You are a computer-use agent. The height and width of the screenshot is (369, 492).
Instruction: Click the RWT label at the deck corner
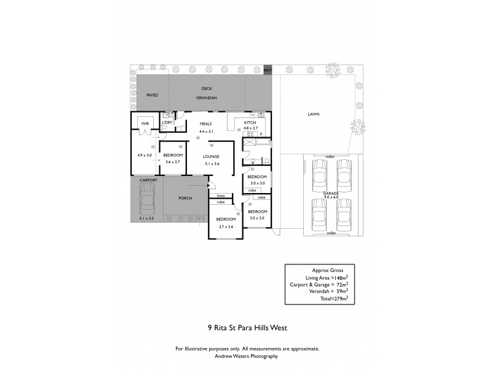pos(268,71)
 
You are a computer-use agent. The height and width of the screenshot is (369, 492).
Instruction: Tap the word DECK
pos(206,89)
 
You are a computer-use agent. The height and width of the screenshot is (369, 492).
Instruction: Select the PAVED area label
pos(152,95)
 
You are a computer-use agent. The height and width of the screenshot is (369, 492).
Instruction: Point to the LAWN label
pos(314,114)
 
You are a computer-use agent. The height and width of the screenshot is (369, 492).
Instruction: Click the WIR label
pos(146,124)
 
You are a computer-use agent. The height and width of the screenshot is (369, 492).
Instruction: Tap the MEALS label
pos(205,124)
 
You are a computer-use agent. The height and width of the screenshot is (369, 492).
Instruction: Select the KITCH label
pos(250,123)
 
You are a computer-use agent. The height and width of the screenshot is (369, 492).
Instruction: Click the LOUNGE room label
pos(212,157)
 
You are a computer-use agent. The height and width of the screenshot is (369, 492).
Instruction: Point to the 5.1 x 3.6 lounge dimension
pos(212,164)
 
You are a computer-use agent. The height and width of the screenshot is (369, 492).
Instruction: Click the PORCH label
pos(186,198)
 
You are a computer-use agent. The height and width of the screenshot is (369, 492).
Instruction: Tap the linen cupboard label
pos(220,196)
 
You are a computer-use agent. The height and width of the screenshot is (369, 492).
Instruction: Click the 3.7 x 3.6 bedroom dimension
pos(226,226)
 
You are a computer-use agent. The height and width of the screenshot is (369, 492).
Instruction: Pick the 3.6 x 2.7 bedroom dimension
pos(172,162)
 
